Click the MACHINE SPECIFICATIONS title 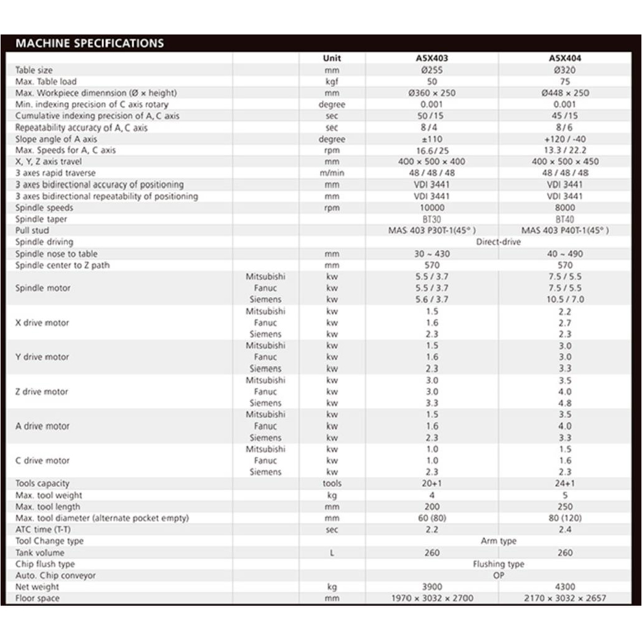90,44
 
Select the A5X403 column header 432,58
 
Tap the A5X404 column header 564,58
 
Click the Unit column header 332,58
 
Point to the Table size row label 34,70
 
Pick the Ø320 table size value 564,70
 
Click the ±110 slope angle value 432,139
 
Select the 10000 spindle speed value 432,208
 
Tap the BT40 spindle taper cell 564,219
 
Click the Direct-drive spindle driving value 499,242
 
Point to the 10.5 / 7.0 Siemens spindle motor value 564,299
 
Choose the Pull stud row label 32,230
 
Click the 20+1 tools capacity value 432,483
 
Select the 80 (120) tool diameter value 564,518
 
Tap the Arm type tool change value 499,541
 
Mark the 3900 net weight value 432,587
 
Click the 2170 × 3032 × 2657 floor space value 564,598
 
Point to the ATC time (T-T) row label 42,529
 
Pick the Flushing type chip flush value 499,564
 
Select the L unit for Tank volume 332,553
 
